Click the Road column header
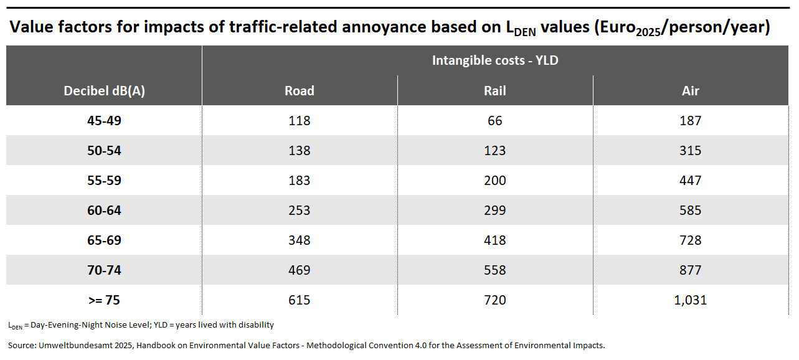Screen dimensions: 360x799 pyautogui.click(x=300, y=91)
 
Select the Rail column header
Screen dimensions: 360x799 pyautogui.click(x=495, y=91)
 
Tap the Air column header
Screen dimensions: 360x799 pyautogui.click(x=691, y=91)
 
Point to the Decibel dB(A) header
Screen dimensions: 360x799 pyautogui.click(x=105, y=91)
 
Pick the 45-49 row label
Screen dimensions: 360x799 pyautogui.click(x=105, y=121)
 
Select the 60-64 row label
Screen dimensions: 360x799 pyautogui.click(x=105, y=211)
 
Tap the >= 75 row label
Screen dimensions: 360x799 pyautogui.click(x=105, y=300)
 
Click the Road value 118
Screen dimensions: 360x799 pyautogui.click(x=300, y=121)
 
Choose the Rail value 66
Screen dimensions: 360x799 pyautogui.click(x=495, y=121)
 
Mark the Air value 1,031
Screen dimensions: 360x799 pyautogui.click(x=691, y=300)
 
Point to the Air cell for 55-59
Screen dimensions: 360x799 pyautogui.click(x=691, y=181)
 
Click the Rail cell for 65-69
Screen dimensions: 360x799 pyautogui.click(x=495, y=240)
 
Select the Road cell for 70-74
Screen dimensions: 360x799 pyautogui.click(x=300, y=270)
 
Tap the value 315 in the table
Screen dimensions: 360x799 pyautogui.click(x=691, y=151)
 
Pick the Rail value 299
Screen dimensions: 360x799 pyautogui.click(x=495, y=211)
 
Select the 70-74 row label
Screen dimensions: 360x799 pyautogui.click(x=105, y=270)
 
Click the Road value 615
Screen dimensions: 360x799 pyautogui.click(x=300, y=300)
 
